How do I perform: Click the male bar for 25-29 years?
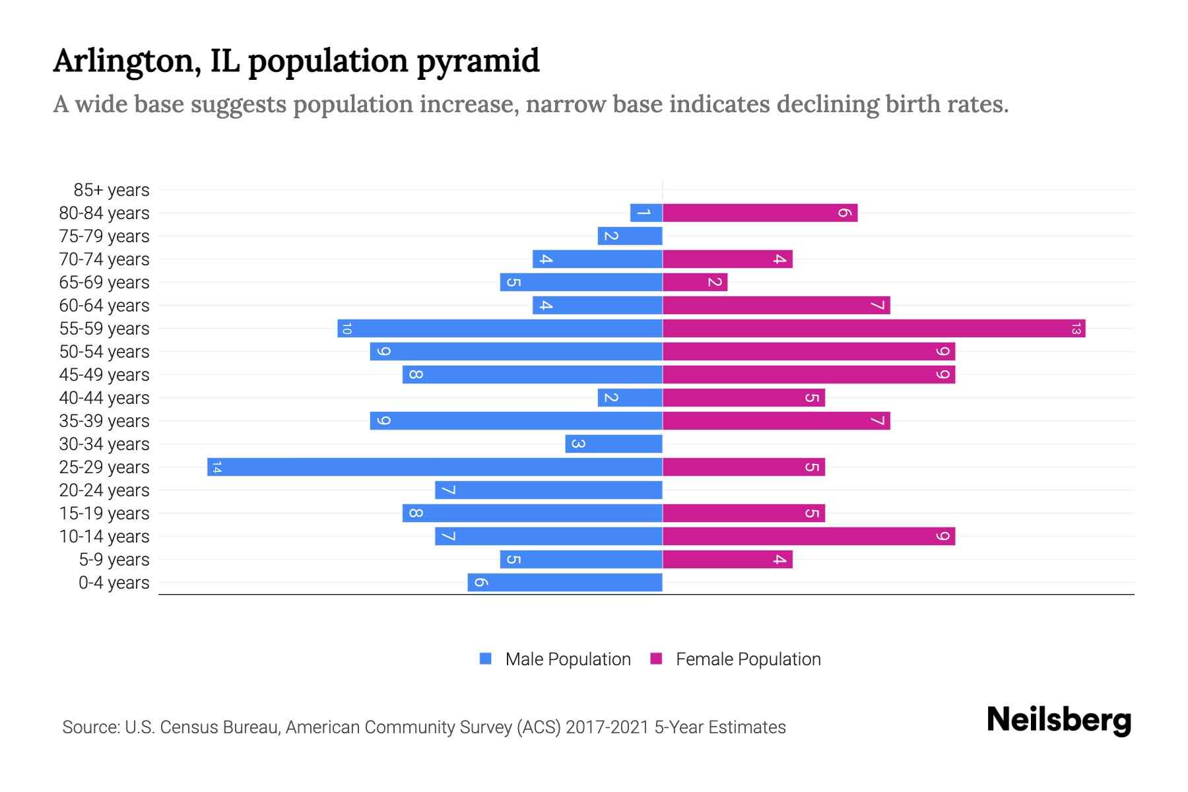pos(435,467)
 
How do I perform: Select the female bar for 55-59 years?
pos(874,329)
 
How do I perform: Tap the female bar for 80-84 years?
pos(760,213)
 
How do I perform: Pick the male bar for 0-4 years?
pos(565,583)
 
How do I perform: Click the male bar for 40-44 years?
pos(630,398)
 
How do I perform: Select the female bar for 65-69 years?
pos(695,282)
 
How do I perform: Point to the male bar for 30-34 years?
pos(614,444)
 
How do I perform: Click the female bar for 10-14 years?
pos(808,537)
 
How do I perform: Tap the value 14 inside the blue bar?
pos(216,467)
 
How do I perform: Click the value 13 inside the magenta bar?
pos(1076,329)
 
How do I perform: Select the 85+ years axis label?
pos(112,190)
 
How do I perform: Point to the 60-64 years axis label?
pos(104,306)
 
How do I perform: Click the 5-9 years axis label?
pos(114,560)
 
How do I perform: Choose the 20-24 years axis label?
pos(104,490)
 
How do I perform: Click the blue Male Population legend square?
pos(486,659)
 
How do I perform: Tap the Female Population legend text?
pos(748,659)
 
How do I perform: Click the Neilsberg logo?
pos(1059,720)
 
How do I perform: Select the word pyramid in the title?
pos(478,61)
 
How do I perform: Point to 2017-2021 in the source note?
pos(607,727)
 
